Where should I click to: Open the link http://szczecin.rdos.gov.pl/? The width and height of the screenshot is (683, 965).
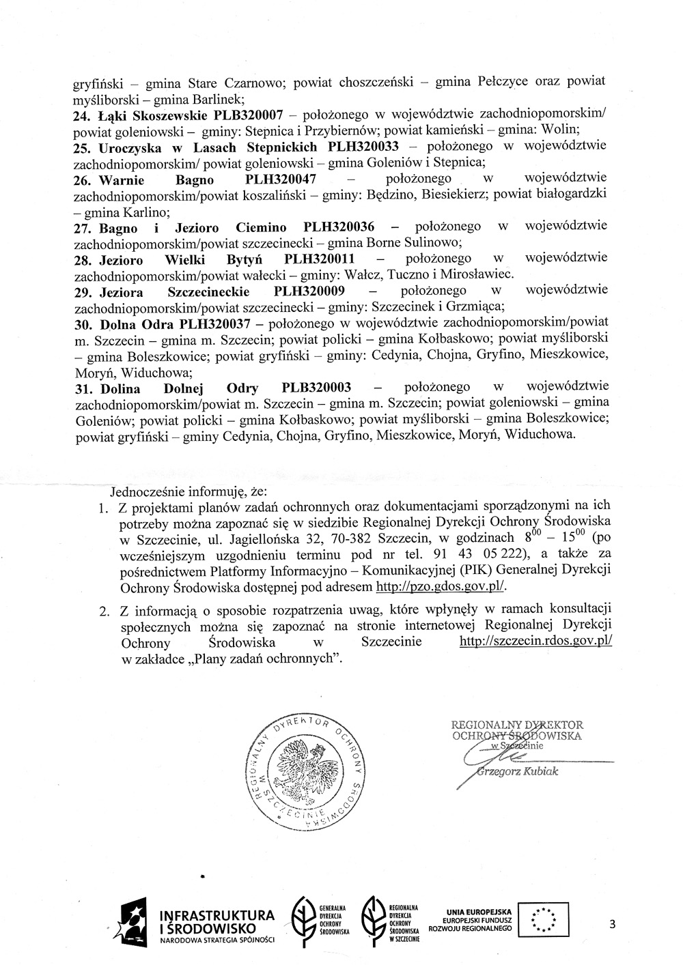536,642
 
